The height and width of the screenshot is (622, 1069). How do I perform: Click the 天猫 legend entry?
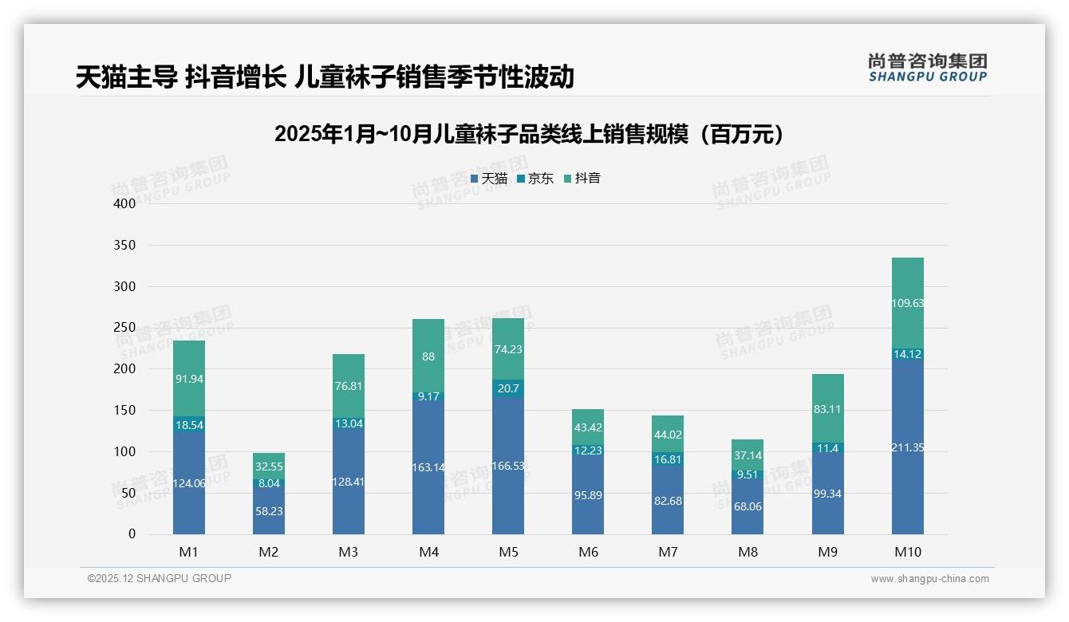pos(489,179)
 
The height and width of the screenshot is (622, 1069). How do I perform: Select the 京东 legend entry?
pos(535,179)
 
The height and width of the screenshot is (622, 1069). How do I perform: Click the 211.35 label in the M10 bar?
pos(908,447)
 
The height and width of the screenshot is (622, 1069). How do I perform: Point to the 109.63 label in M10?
pos(908,303)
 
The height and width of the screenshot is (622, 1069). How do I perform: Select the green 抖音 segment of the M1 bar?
pos(189,378)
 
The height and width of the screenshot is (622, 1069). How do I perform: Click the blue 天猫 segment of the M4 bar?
pos(428,467)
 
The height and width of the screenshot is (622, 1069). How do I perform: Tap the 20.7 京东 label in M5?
pos(508,388)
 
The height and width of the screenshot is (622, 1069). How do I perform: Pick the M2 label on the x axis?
pos(269,552)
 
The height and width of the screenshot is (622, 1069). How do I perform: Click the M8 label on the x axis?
pos(748,552)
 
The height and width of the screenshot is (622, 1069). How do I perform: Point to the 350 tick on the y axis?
pos(125,245)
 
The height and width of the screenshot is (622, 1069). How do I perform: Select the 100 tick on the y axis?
pos(125,451)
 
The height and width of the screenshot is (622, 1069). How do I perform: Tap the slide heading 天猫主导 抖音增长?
pos(325,77)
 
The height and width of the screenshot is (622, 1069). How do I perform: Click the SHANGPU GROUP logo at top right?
pos(928,68)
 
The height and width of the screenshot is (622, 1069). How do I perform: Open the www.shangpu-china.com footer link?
pos(929,579)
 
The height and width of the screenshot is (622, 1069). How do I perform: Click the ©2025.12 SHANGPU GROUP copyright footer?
pos(160,579)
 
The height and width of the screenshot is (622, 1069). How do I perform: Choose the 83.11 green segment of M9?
pos(828,409)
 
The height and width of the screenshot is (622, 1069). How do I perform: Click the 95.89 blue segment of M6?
pos(588,494)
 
